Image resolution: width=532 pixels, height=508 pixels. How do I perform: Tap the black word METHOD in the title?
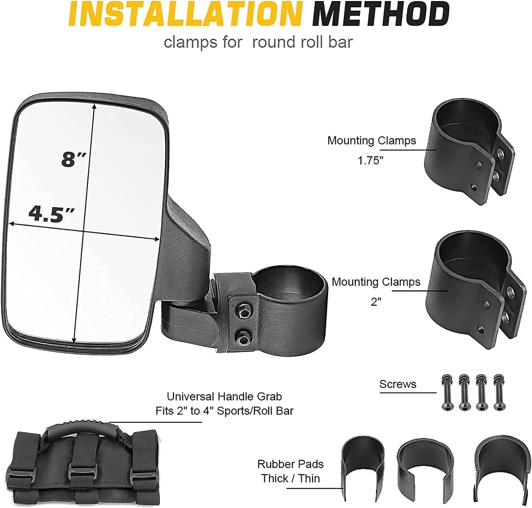tap(382, 14)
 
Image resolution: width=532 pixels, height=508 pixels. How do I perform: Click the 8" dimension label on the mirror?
tap(73, 159)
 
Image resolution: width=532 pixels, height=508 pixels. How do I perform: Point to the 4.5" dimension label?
tap(51, 214)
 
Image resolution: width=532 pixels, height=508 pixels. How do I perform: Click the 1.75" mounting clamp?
tap(471, 153)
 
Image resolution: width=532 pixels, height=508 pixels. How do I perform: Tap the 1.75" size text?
tap(370, 161)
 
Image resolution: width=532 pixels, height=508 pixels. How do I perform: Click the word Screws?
tap(398, 384)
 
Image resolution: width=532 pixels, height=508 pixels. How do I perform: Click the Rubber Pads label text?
tap(290, 464)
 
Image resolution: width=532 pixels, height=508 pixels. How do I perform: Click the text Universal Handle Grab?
tap(224, 396)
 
